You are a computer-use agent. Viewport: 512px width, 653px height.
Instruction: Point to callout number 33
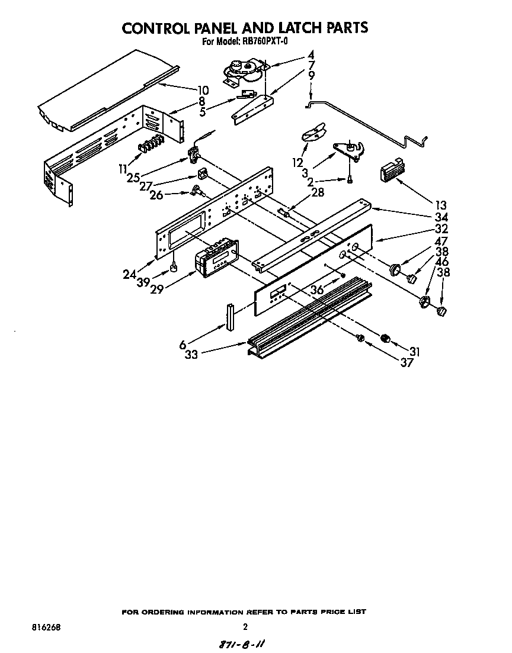(191, 355)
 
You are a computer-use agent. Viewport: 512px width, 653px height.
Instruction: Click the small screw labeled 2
(350, 178)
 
